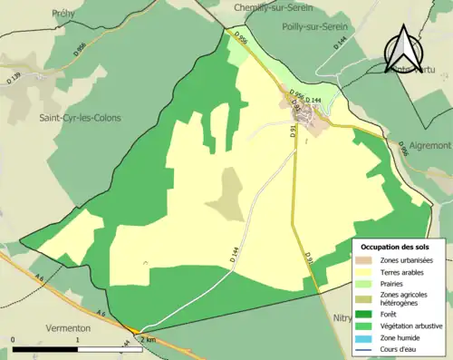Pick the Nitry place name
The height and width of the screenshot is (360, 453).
pyautogui.click(x=341, y=318)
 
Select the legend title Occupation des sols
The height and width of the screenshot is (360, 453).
pyautogui.click(x=395, y=247)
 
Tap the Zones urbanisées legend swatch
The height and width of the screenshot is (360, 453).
pyautogui.click(x=370, y=261)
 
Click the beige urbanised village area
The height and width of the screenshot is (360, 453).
pyautogui.click(x=313, y=115)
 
